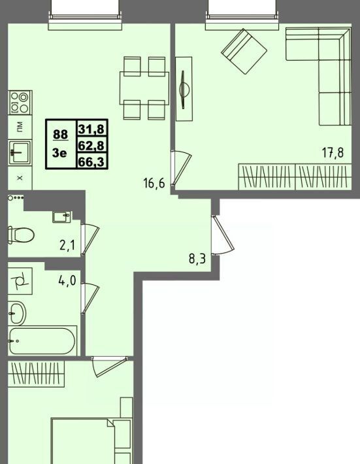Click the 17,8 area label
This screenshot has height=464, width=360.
(x=333, y=153)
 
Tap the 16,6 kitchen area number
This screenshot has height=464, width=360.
(x=154, y=184)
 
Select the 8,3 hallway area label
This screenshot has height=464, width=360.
(x=197, y=259)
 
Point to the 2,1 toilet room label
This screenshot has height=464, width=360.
(x=67, y=245)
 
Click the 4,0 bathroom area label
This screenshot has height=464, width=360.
(x=67, y=280)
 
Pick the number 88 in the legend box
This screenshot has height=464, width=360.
(x=60, y=135)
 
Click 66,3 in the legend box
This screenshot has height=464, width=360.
(x=91, y=161)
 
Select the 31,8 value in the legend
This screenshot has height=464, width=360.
(x=91, y=129)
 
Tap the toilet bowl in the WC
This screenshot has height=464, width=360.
(x=21, y=235)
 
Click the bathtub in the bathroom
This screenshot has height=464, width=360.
(x=42, y=341)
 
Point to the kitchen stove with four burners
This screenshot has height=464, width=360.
(x=20, y=103)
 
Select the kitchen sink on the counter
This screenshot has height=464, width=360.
(x=20, y=152)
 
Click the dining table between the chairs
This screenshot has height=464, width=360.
(x=144, y=88)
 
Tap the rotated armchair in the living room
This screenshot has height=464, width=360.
(x=244, y=51)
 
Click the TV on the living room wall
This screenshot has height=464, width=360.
(x=184, y=89)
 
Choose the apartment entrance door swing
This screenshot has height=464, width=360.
(x=223, y=235)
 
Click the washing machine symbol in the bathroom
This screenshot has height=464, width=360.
(x=20, y=281)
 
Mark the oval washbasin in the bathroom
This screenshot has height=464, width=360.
(x=17, y=314)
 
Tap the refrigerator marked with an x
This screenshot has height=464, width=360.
(x=20, y=178)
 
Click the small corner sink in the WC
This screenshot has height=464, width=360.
(x=61, y=216)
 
